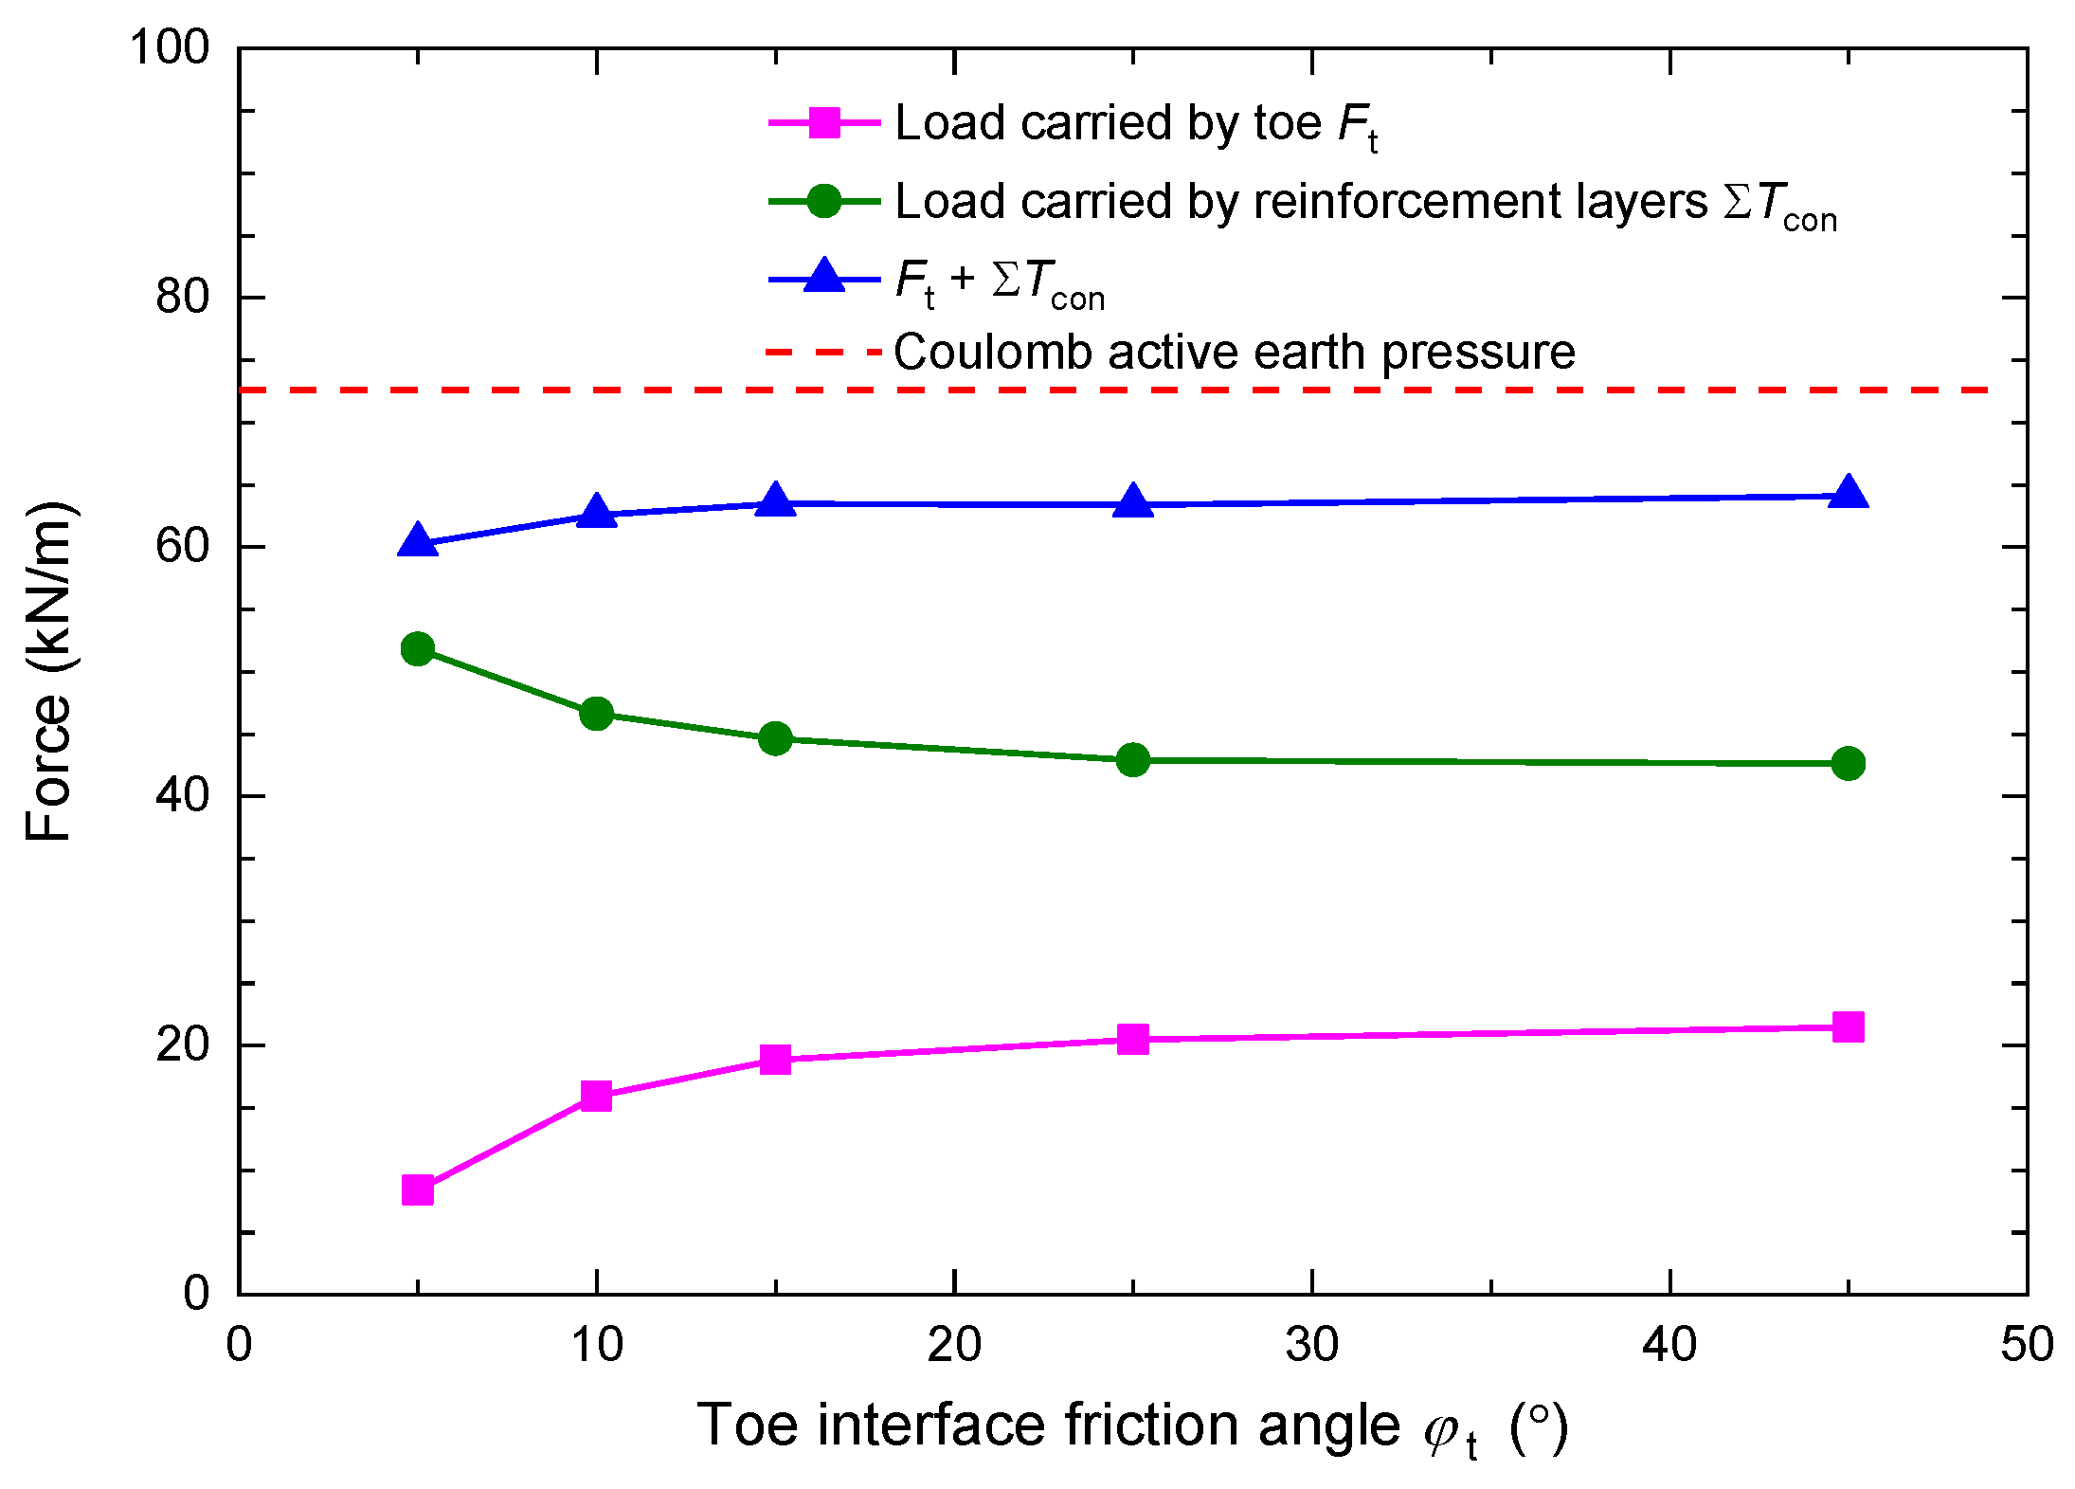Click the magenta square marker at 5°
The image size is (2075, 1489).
pos(418,1189)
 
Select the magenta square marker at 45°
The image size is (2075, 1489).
pos(1848,1026)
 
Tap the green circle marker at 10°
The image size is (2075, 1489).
pos(596,713)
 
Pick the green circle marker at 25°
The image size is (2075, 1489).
pos(1133,759)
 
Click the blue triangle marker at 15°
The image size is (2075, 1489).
pos(775,500)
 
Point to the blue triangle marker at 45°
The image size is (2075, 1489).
pos(1848,494)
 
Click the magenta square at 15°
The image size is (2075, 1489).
pos(775,1059)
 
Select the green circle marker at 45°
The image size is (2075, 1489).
pos(1848,763)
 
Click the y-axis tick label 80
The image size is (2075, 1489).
pos(182,297)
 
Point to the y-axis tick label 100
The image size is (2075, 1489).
pos(169,46)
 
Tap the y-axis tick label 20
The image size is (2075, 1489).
pos(182,1044)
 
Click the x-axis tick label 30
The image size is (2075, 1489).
pos(1311,1344)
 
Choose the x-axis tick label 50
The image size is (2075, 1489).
pos(2027,1344)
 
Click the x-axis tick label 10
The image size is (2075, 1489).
pos(596,1344)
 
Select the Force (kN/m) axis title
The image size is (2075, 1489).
pos(49,671)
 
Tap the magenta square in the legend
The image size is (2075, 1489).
pos(824,123)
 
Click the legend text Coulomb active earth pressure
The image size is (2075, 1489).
pos(1234,352)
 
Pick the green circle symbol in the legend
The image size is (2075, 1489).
pos(824,201)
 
